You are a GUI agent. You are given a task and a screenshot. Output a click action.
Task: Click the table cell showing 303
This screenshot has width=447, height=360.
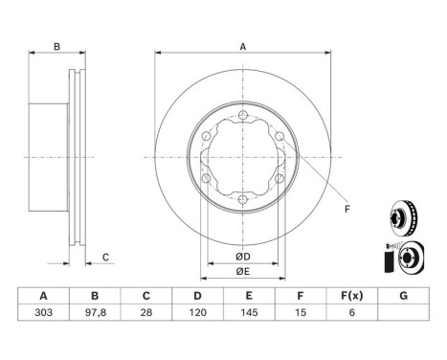(43, 312)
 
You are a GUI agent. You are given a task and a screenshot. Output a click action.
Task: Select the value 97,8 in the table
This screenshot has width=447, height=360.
(95, 312)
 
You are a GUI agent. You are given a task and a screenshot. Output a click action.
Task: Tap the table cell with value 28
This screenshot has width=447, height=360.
(146, 312)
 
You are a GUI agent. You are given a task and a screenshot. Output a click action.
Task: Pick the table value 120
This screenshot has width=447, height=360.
(198, 312)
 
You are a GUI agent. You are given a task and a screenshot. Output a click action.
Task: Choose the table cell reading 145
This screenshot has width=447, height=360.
(249, 312)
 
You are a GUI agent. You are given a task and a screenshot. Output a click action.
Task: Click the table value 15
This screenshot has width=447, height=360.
(301, 312)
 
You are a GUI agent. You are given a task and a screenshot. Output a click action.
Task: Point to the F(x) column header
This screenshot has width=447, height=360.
(352, 296)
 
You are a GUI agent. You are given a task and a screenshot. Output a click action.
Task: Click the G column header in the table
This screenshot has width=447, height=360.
(404, 296)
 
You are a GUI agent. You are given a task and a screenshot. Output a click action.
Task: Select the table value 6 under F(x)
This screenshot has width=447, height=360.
(352, 312)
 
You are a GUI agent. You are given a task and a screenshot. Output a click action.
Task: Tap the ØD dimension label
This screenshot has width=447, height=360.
(243, 257)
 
